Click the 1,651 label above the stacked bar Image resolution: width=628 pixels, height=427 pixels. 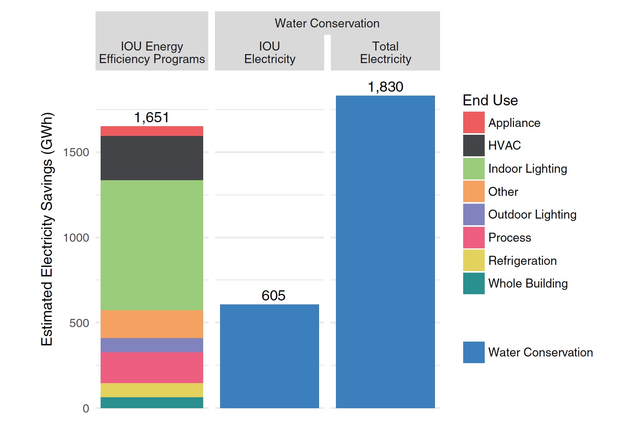pos(152,118)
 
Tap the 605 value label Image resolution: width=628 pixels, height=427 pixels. pos(273,295)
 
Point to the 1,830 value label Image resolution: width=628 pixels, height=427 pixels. pos(385,87)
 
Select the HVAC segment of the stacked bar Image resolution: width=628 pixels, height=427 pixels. pos(152,158)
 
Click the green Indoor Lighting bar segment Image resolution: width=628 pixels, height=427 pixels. pos(152,245)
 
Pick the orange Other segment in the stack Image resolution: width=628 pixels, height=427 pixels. pos(152,324)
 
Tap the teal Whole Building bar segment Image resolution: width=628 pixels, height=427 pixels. pos(152,402)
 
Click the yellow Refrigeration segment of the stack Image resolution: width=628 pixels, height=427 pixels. pos(152,390)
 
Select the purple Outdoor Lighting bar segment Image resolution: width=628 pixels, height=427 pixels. pos(152,345)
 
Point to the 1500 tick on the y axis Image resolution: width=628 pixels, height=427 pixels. pos(76,152)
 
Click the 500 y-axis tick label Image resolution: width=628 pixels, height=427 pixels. pos(79,323)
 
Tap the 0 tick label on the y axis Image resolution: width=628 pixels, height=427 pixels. pos(86,409)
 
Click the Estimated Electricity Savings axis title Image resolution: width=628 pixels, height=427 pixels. pos(47,229)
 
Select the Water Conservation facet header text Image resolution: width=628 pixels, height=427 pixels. pos(327,24)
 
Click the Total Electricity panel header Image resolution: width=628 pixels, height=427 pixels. pos(385,52)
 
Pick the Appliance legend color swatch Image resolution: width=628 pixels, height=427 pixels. pos(474,123)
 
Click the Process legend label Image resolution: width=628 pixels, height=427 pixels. pos(509,237)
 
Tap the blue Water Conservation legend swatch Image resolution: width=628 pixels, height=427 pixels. pos(474,352)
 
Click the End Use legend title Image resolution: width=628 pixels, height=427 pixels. pos(490,100)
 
